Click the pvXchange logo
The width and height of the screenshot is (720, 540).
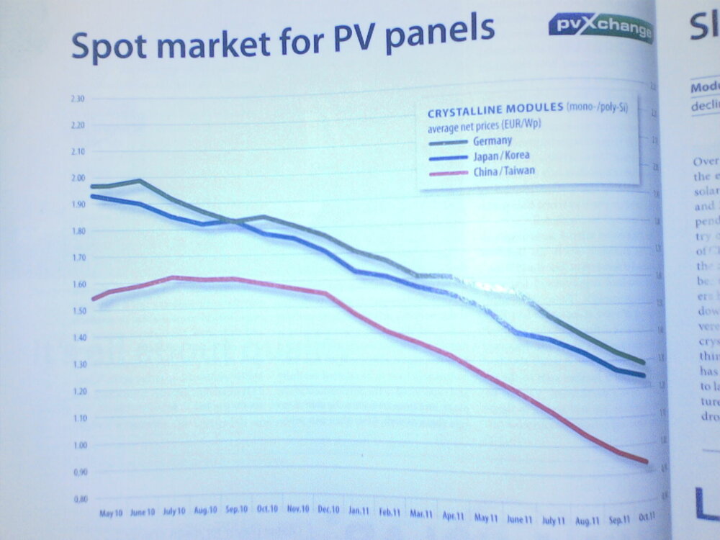600,28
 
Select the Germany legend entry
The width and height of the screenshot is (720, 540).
492,140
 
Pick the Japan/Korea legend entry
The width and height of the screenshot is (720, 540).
501,156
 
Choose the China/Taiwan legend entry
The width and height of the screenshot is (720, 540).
504,171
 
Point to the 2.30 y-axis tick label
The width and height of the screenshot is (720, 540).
78,99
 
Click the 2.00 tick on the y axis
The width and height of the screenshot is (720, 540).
78,178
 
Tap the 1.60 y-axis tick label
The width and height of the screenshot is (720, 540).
78,284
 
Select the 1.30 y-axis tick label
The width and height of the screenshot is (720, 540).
78,364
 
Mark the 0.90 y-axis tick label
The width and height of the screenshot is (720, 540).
78,472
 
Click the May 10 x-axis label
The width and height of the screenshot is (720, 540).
109,513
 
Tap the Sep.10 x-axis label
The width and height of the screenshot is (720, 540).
236,510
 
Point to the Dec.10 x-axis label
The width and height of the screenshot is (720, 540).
328,510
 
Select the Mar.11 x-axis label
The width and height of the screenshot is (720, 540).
420,514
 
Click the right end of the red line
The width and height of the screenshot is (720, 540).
647,462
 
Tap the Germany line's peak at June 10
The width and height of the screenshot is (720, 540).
139,181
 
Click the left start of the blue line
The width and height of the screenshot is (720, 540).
92,196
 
